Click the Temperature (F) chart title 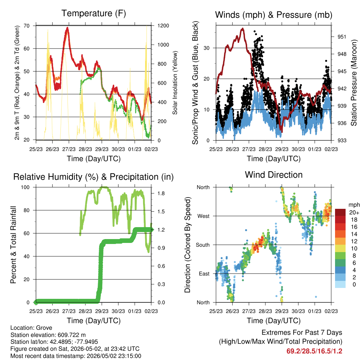94,13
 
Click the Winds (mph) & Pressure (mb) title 274,15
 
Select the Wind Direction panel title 274,175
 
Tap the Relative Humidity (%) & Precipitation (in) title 94,177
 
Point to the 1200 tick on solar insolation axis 163,26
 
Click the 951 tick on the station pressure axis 342,37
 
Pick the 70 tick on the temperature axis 27,26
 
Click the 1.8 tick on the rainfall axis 161,193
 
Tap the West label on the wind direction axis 204,216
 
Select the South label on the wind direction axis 203,245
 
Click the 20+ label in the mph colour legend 354,212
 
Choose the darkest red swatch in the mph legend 340,212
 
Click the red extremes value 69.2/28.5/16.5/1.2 314,351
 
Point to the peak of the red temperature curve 67,27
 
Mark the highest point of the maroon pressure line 243,29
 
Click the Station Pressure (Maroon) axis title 354,83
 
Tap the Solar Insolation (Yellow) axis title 175,83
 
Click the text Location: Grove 31,328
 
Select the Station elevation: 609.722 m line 48,335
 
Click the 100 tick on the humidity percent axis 25,187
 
